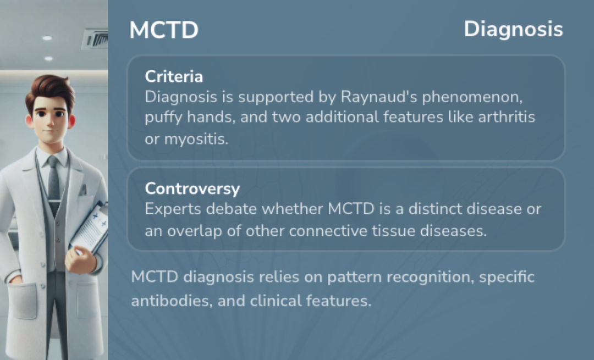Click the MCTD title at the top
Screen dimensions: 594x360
tap(164, 30)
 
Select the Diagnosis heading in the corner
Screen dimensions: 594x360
tap(513, 30)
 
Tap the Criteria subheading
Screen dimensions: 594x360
tap(174, 76)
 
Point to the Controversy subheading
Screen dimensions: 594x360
tap(193, 189)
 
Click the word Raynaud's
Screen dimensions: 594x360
tap(379, 97)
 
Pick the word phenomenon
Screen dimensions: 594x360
tap(472, 97)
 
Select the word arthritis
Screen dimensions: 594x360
tap(507, 117)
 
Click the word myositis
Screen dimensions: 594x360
tap(196, 139)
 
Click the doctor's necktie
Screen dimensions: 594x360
tap(54, 182)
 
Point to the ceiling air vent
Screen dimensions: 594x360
tap(95, 38)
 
